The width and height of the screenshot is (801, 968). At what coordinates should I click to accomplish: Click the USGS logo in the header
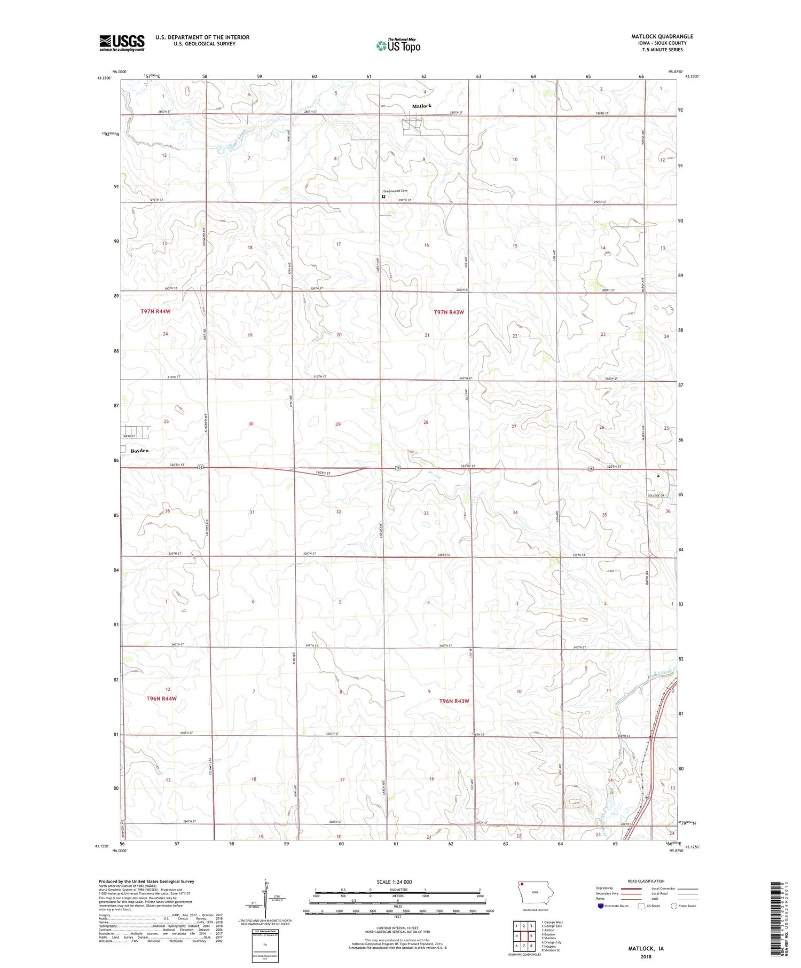click(122, 43)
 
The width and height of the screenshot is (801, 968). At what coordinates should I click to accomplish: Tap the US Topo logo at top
click(398, 46)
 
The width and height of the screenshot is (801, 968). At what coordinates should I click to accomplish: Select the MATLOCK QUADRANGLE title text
click(662, 36)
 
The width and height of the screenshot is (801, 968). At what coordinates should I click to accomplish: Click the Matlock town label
click(421, 106)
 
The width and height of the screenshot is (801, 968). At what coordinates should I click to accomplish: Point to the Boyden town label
click(139, 451)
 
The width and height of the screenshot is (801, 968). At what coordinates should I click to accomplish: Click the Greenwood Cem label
click(395, 191)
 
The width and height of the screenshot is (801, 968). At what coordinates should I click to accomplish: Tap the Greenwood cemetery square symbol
click(383, 196)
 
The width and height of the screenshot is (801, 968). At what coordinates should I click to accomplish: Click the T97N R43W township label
click(449, 312)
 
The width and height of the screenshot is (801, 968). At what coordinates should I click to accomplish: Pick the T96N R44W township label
click(161, 698)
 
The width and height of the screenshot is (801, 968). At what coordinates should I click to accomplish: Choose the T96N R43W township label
click(454, 701)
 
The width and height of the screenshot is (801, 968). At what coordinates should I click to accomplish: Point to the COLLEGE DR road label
click(655, 495)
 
